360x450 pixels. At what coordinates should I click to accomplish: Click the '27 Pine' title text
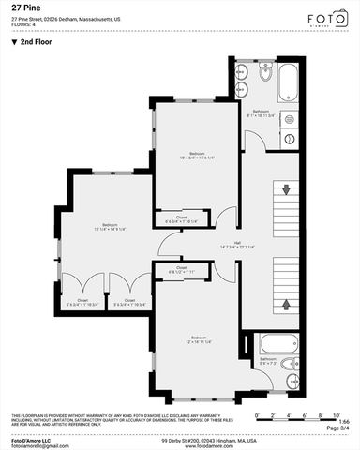coord(25,6)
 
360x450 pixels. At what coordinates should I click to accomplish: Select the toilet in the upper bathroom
coord(265,73)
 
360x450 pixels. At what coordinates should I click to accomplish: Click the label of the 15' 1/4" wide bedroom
coord(111,226)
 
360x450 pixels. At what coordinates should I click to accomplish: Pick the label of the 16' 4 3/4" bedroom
coord(197,155)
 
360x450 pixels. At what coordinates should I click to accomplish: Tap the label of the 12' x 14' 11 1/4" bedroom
coord(198,339)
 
